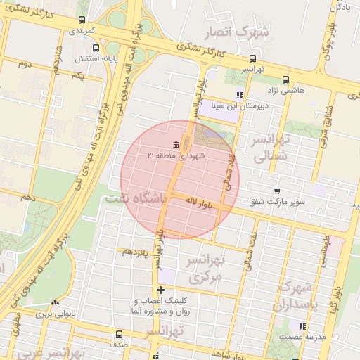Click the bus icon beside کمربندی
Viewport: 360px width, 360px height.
(83, 20)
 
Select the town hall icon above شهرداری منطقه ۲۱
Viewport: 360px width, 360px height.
(176, 145)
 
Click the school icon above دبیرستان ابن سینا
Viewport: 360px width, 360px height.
(240, 95)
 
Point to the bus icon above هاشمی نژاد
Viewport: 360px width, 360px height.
(285, 79)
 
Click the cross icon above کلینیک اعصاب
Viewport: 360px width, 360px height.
(161, 290)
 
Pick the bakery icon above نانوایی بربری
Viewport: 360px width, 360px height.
(55, 303)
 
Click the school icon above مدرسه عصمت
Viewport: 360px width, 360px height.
(302, 326)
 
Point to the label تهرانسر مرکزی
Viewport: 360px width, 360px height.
(204, 269)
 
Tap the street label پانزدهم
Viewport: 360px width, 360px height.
(135, 251)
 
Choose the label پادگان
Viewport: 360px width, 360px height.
(339, 8)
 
